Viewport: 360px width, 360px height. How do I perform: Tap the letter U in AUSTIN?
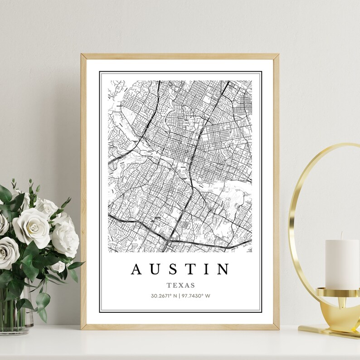click(x=157, y=269)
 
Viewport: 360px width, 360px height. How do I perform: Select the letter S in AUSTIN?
click(x=175, y=269)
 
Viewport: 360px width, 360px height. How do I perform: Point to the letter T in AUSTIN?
click(x=193, y=269)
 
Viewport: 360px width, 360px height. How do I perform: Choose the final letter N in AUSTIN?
click(x=224, y=269)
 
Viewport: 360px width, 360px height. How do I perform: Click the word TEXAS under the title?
click(x=180, y=285)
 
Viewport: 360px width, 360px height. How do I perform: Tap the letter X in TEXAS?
click(x=180, y=285)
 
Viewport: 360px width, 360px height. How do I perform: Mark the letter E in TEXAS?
click(x=175, y=285)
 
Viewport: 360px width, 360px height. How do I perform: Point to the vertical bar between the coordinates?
click(x=179, y=296)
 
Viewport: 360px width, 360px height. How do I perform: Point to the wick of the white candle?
click(x=341, y=236)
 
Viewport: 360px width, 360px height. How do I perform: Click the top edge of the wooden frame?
click(x=180, y=56)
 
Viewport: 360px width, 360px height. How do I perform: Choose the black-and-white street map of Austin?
click(x=180, y=165)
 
